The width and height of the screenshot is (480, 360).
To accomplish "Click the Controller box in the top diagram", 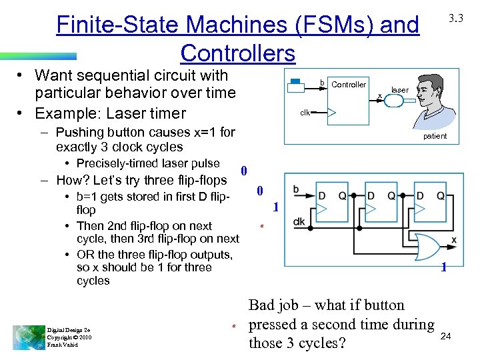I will click(x=349, y=100).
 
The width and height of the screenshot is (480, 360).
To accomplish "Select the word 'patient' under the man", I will click(x=435, y=137).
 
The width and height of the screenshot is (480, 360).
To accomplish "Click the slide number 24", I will click(x=446, y=337).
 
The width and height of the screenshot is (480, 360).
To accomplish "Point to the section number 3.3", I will click(x=456, y=19).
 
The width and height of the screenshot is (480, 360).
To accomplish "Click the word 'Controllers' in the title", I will click(x=237, y=53).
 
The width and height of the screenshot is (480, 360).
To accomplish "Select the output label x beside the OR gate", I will click(x=453, y=240).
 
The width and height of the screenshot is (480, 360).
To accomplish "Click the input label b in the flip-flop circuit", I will click(x=295, y=190).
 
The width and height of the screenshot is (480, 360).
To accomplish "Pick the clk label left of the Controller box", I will click(x=305, y=113).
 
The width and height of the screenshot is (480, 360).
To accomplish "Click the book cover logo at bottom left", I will click(x=28, y=337).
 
